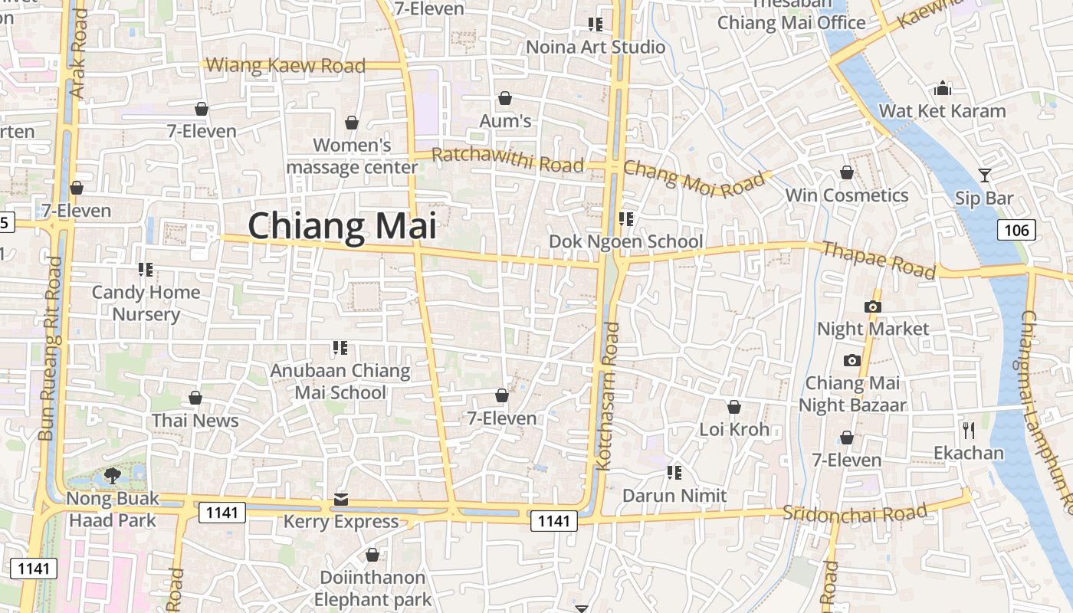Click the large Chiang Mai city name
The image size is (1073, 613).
342,226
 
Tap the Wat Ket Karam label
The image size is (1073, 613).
942,111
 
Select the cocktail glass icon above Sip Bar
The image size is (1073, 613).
984,175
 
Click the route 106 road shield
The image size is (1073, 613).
1017,229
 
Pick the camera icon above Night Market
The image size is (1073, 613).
872,307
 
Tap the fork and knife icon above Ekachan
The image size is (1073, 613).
969,430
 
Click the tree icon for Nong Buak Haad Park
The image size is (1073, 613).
113,476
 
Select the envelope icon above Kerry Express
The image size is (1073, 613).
341,500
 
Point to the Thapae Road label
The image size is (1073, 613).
878,260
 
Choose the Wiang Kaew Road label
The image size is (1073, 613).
286,66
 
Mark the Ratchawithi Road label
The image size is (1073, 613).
507,160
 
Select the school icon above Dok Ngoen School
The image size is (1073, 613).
626,219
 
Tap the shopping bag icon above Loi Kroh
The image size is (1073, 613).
733,407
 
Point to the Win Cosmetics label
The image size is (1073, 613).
847,195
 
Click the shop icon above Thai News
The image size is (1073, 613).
195,398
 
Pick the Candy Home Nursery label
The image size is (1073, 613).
146,303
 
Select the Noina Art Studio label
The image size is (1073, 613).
596,48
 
